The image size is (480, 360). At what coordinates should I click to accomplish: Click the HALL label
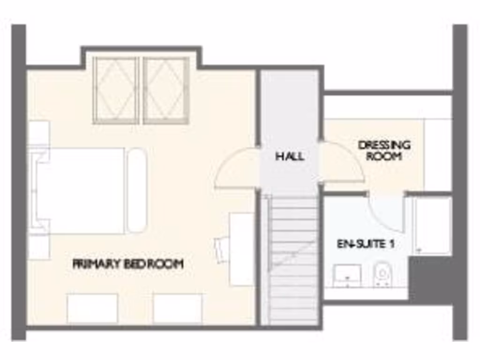click(x=289, y=156)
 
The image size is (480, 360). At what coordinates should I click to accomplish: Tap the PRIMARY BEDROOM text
click(x=127, y=264)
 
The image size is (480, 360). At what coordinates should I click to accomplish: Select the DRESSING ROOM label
click(x=384, y=150)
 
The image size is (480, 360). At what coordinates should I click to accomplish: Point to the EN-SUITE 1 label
click(x=366, y=244)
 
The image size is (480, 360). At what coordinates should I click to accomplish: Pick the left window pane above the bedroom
click(x=115, y=90)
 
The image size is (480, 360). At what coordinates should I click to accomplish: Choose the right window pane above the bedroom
click(x=166, y=90)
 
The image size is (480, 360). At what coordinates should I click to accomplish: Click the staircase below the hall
click(x=294, y=258)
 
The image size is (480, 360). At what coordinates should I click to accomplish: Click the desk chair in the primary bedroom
click(x=221, y=248)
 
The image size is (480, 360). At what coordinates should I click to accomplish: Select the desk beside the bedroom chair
click(x=242, y=249)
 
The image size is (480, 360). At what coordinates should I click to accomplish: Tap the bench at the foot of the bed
click(x=137, y=190)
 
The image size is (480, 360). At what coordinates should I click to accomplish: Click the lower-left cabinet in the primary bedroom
click(x=92, y=308)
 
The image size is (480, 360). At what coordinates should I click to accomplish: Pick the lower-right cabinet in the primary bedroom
click(x=178, y=308)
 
